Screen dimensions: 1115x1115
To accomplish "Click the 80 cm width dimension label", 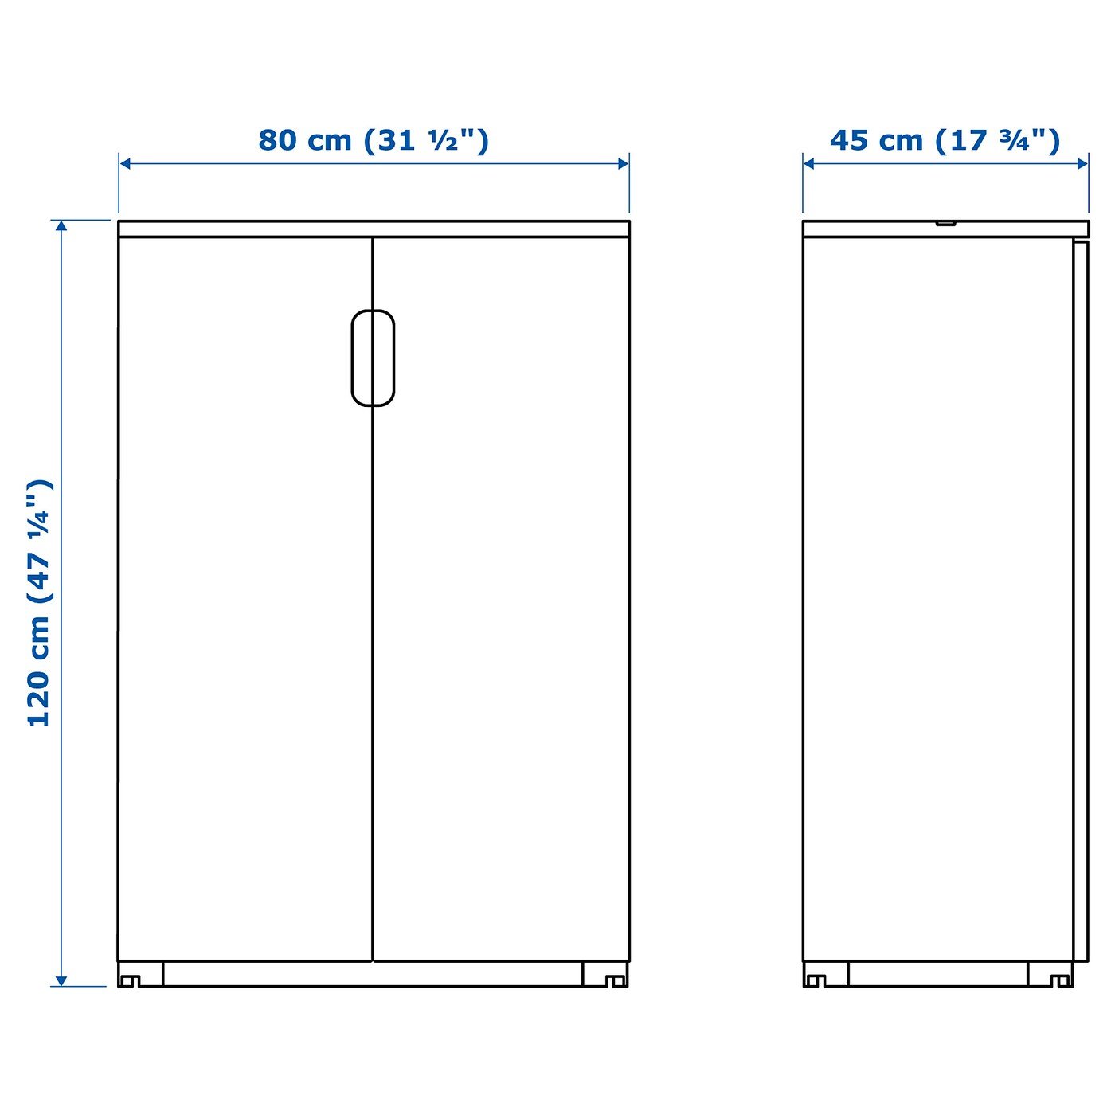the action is [x=374, y=141].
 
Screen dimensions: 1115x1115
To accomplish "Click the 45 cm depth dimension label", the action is [x=945, y=141].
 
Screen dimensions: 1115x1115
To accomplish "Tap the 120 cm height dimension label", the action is [x=41, y=603].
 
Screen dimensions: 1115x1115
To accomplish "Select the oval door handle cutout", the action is [x=374, y=358].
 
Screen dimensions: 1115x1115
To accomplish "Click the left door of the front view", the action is [x=245, y=599].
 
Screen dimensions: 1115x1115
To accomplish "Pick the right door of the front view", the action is [x=502, y=599].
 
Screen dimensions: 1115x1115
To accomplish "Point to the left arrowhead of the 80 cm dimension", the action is [x=125, y=164].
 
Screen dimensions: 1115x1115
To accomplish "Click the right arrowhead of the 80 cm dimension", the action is [x=623, y=164].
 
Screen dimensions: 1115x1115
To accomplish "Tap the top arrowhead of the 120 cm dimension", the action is [x=61, y=226].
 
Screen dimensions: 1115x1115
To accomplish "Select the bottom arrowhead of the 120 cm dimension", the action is [x=61, y=980].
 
